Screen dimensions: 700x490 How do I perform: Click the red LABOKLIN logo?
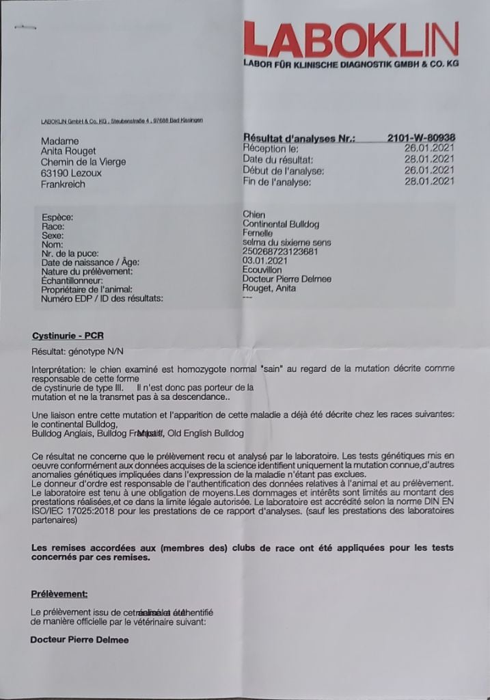[351, 39]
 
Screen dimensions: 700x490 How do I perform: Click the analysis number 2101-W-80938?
[421, 137]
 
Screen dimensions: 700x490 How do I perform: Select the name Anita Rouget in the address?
[69, 152]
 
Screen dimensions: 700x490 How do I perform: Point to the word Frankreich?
[63, 184]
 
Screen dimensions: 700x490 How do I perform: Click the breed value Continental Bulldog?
[281, 224]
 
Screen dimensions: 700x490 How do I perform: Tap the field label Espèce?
[57, 217]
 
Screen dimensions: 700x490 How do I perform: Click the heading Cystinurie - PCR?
[68, 336]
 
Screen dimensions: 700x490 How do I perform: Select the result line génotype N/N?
[68, 352]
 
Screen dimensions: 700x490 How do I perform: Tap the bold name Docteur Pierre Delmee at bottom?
[79, 640]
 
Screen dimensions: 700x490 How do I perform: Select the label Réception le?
[271, 148]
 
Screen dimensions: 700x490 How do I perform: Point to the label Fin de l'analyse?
[277, 181]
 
